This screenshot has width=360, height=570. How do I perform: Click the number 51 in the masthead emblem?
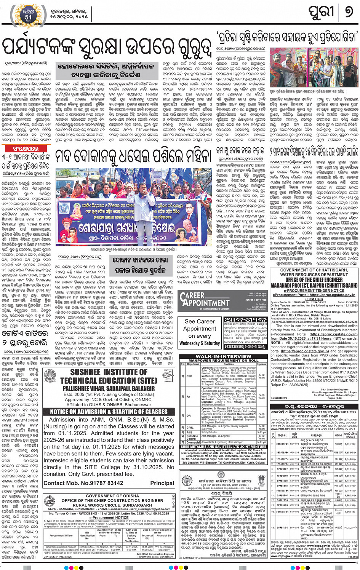pos(29,17)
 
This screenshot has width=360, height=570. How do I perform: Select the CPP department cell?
pos(189,376)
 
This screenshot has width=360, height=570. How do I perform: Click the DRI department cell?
pos(189,415)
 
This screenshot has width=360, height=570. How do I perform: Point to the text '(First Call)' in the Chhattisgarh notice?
pos(314,299)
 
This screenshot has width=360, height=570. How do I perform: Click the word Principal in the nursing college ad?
pos(162,483)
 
